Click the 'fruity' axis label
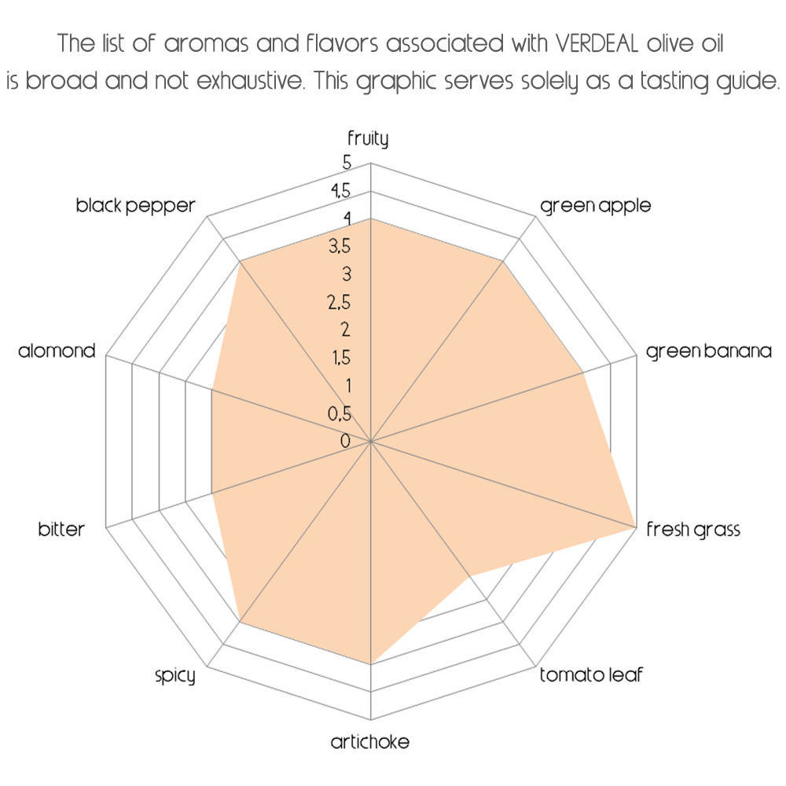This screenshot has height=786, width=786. click(368, 140)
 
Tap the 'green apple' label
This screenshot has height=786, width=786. click(596, 207)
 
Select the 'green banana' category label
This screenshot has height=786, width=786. click(709, 351)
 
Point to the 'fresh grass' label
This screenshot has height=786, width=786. click(693, 530)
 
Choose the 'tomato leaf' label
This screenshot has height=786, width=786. click(591, 675)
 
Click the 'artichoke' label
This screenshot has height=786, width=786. click(370, 742)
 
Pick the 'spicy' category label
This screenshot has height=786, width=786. click(174, 675)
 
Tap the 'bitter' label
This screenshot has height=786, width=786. click(61, 530)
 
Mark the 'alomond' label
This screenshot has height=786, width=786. click(57, 351)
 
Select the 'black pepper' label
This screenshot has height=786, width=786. click(135, 207)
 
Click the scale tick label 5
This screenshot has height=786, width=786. click(347, 163)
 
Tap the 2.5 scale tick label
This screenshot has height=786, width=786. click(340, 303)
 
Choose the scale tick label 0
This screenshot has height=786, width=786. click(345, 441)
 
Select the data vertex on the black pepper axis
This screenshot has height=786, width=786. click(240, 263)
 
